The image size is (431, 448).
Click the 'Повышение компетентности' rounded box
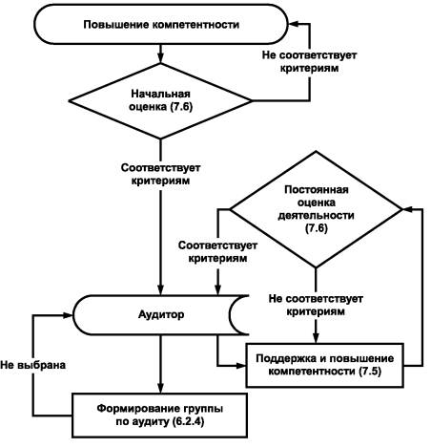tap(161, 24)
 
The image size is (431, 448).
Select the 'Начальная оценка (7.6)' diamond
tap(160, 101)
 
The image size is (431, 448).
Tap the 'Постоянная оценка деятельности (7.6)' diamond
tap(316, 209)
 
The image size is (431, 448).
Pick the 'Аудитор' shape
tap(161, 315)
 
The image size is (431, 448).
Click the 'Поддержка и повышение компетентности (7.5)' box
tap(325, 365)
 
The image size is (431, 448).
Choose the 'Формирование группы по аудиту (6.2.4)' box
tap(159, 416)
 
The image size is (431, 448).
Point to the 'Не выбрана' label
tap(33, 365)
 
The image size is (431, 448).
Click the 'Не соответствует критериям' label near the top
tap(309, 61)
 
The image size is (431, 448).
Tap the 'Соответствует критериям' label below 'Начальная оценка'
tap(160, 174)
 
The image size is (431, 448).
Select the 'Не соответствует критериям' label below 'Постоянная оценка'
tap(316, 305)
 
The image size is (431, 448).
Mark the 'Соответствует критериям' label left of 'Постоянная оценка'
tap(217, 251)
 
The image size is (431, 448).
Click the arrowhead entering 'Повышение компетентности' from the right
tap(294, 24)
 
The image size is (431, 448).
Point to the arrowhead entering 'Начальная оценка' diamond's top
tap(160, 58)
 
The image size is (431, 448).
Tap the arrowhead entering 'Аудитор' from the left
tap(68, 315)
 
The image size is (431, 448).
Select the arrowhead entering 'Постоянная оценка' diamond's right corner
tap(408, 209)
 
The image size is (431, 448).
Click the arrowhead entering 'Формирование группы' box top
tap(160, 388)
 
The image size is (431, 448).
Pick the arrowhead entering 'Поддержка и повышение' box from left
tap(241, 365)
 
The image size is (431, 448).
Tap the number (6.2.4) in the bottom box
tap(188, 421)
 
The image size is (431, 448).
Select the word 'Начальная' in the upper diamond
tap(161, 94)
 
